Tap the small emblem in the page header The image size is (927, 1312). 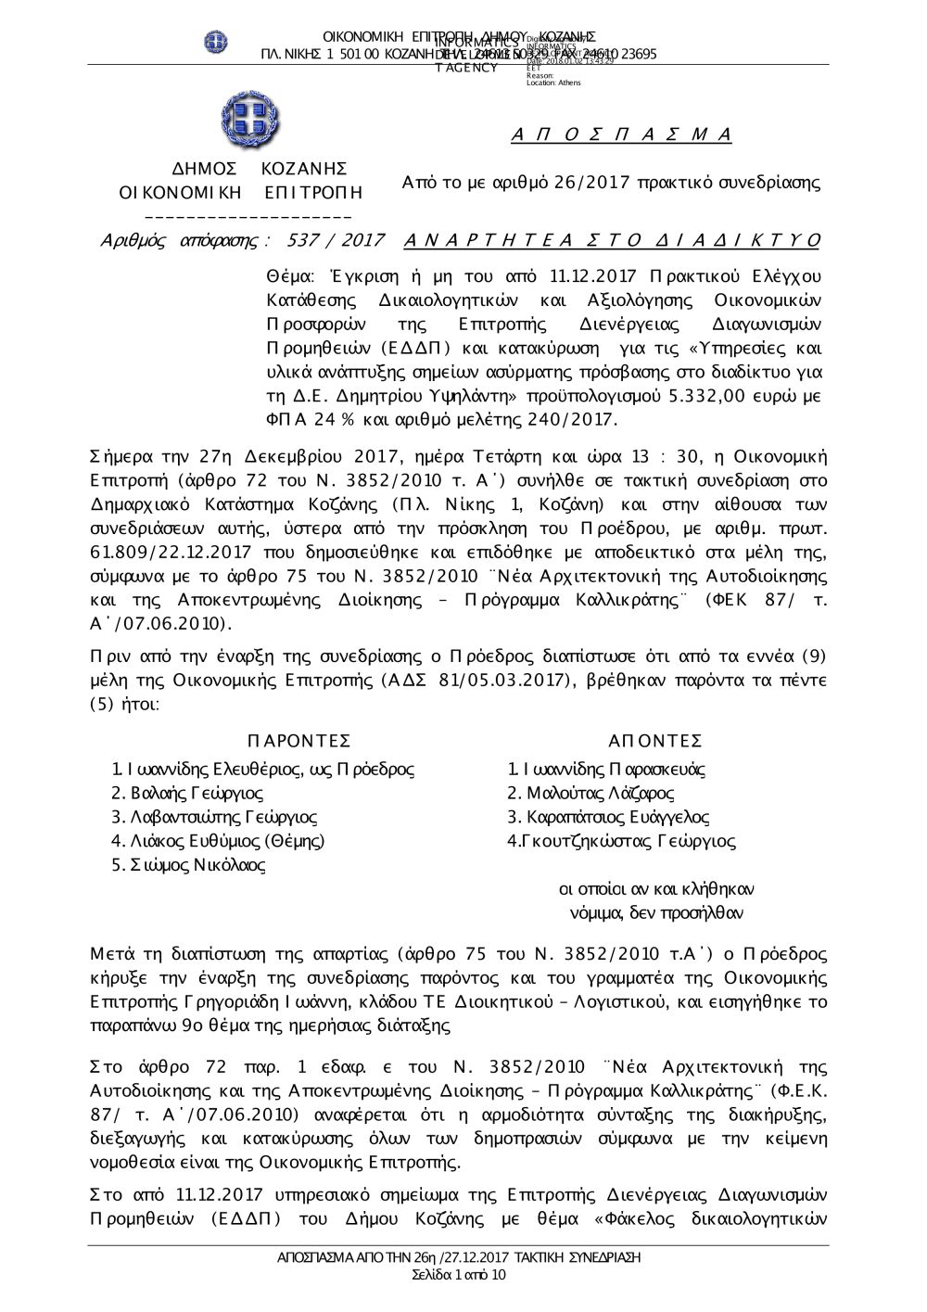click(215, 42)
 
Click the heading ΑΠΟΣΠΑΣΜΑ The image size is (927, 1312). click(622, 135)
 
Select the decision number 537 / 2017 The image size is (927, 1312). click(337, 241)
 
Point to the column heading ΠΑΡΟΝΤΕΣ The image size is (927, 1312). click(298, 740)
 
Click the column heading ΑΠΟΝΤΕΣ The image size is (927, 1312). click(655, 740)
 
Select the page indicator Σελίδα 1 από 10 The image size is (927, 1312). click(460, 1276)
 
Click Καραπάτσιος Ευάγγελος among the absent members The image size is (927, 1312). click(608, 818)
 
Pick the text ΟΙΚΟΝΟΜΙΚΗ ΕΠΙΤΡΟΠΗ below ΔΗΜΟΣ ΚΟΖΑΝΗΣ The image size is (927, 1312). click(242, 193)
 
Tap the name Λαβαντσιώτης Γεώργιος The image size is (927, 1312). click(213, 818)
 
